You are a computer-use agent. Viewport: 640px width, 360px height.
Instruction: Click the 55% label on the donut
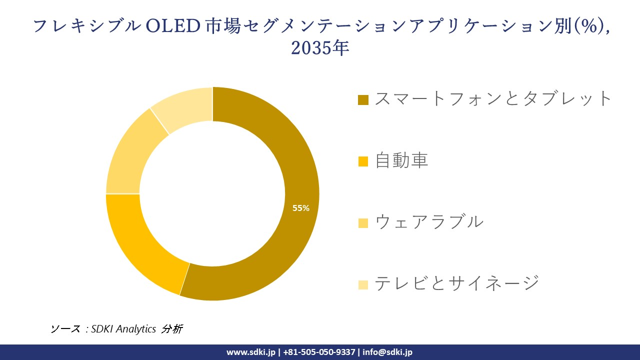301,208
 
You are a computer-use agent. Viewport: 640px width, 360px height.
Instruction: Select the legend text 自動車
401,160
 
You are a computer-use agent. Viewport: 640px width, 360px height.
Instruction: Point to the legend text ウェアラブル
429,221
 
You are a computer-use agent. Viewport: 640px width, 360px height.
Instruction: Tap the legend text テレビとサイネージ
457,283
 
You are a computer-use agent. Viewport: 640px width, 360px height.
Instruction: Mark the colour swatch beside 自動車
363,161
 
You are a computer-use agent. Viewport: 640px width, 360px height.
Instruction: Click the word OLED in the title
172,26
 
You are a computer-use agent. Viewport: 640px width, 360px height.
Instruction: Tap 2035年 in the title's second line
319,48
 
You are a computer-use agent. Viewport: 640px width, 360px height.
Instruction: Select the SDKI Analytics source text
123,329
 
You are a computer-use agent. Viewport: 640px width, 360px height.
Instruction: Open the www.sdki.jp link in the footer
250,352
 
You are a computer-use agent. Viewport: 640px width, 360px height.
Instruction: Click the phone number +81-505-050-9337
319,352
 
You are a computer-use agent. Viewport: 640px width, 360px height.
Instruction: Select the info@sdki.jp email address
387,352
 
